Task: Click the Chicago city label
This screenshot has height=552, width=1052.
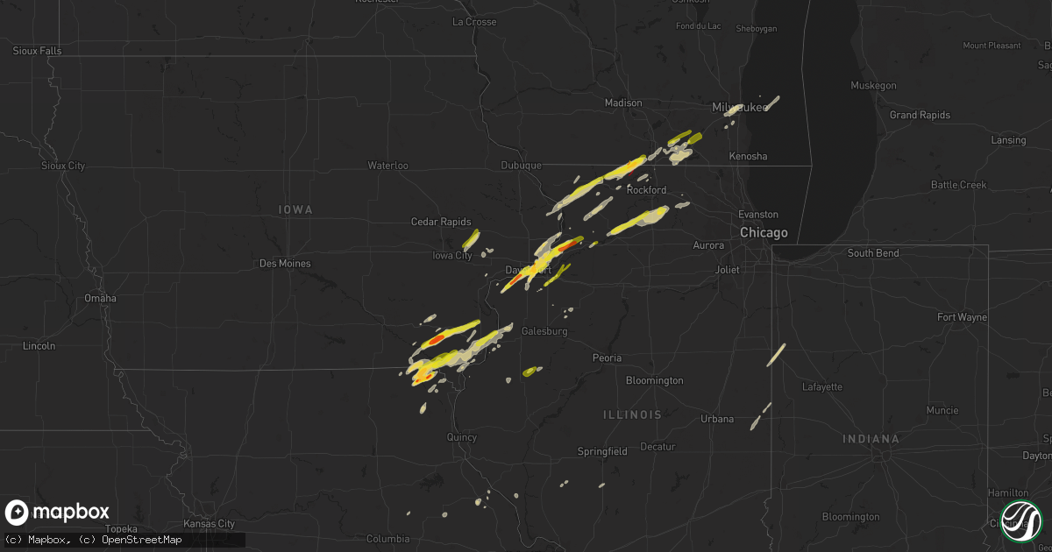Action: coord(764,233)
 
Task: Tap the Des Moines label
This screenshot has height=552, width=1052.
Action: coord(285,263)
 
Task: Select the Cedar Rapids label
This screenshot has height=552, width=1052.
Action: coord(441,223)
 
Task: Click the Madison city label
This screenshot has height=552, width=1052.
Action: coord(623,103)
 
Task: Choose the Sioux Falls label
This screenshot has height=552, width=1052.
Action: coord(37,51)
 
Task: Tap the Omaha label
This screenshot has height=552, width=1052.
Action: coord(101,298)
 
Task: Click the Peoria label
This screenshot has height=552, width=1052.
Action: coord(607,357)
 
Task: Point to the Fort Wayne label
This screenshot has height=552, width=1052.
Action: coord(962,317)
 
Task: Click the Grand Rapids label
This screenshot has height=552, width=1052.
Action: coord(914,115)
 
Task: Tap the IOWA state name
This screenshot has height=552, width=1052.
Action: coord(295,210)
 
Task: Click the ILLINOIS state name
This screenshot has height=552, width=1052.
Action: coord(632,414)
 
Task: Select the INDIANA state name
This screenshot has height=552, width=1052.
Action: coord(872,438)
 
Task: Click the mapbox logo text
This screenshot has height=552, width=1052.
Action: coord(71,512)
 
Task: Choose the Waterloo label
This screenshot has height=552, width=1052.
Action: coord(387,165)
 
